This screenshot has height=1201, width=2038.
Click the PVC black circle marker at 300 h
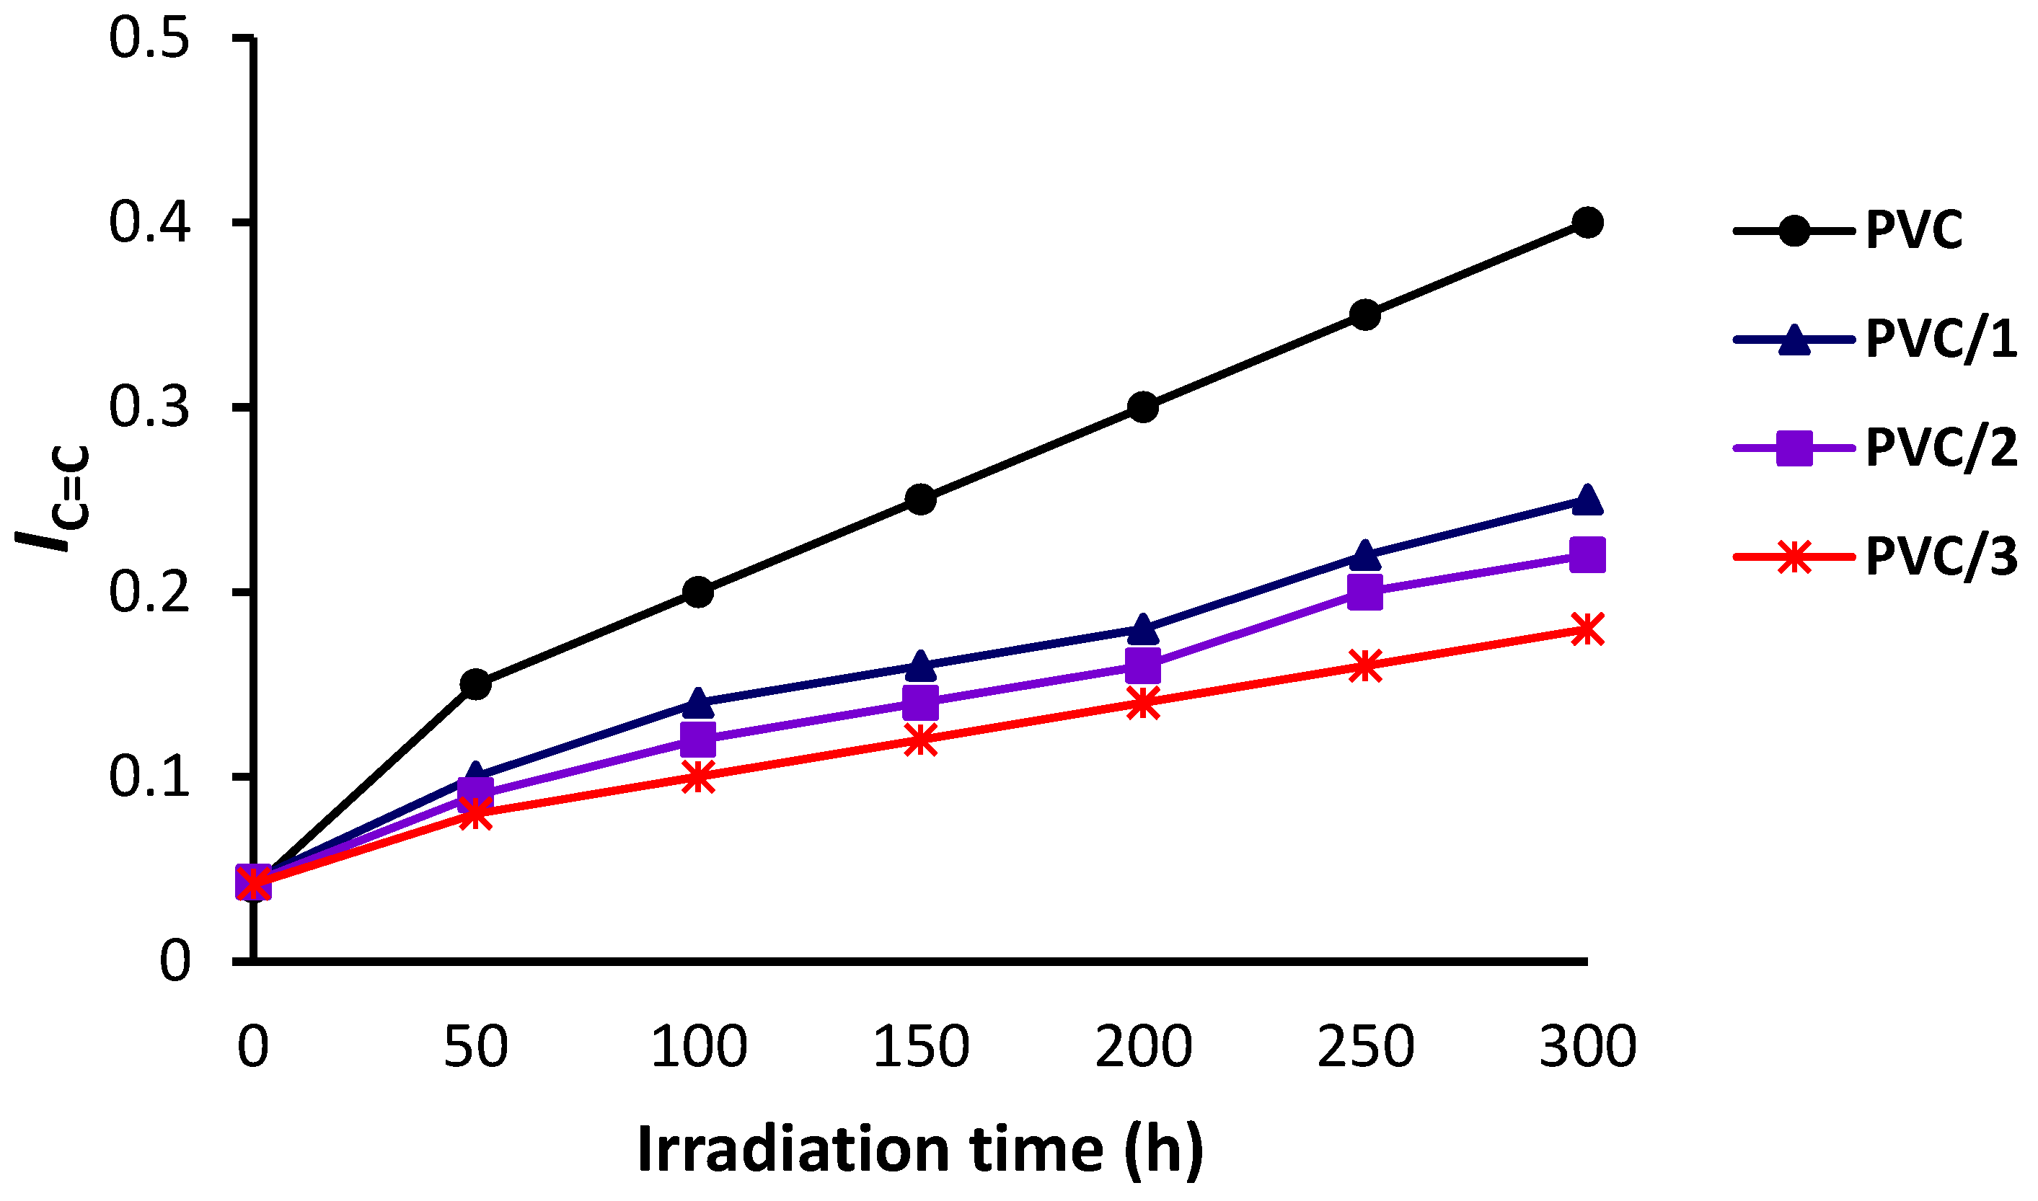pyautogui.click(x=1587, y=222)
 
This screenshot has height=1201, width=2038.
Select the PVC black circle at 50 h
pyautogui.click(x=476, y=684)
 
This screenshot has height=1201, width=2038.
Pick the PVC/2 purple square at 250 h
pyautogui.click(x=1364, y=593)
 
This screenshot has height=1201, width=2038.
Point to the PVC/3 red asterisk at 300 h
pyautogui.click(x=1587, y=629)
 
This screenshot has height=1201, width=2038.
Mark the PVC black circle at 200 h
pyautogui.click(x=1143, y=407)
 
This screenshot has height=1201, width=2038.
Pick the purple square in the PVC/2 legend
pyautogui.click(x=1794, y=448)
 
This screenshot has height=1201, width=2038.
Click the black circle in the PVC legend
pyautogui.click(x=1794, y=231)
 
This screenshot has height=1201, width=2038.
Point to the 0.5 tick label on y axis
pyautogui.click(x=150, y=38)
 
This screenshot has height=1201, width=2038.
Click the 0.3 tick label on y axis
pyautogui.click(x=150, y=407)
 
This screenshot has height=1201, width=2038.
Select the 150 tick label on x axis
pyautogui.click(x=921, y=1047)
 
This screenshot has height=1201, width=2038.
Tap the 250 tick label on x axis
pyautogui.click(x=1365, y=1047)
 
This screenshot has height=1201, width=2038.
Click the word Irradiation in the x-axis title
pyautogui.click(x=793, y=1149)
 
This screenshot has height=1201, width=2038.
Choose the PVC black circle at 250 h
pyautogui.click(x=1364, y=314)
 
